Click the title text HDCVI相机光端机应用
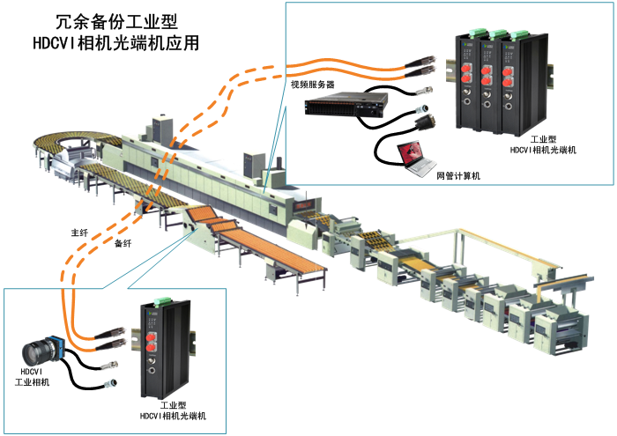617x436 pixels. (115, 41)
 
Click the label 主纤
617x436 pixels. (79, 233)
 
